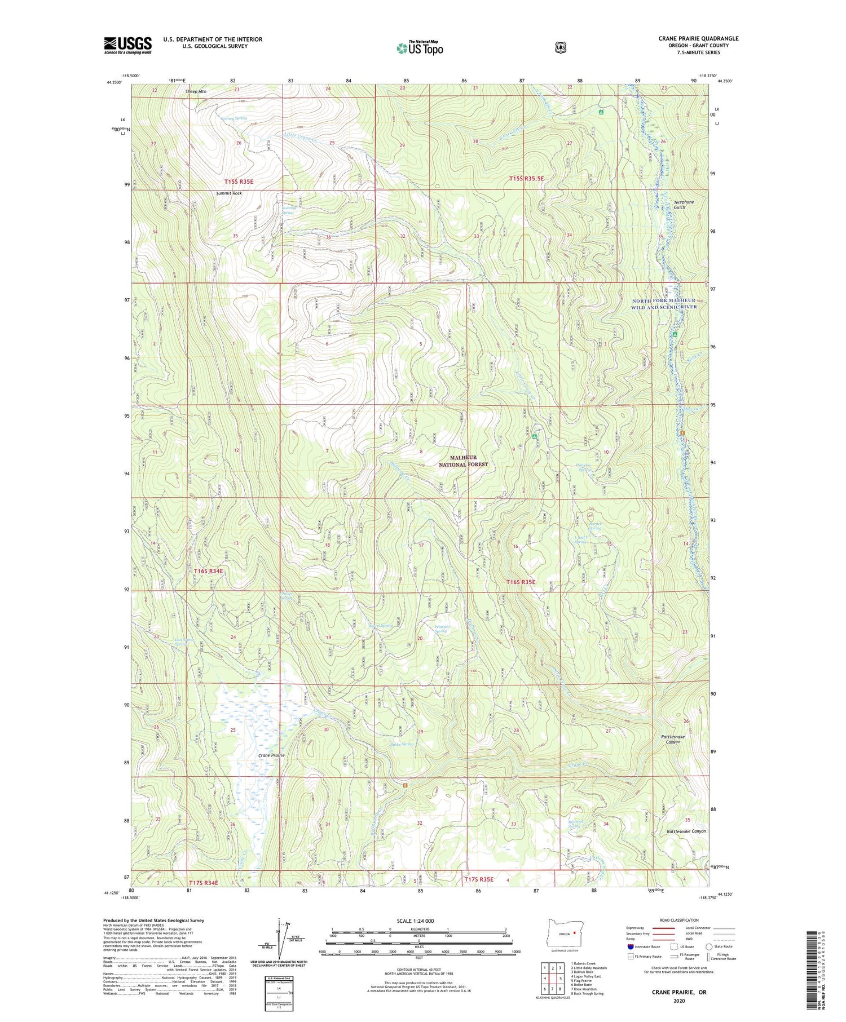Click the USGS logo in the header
[x=128, y=45]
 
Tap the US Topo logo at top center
[x=420, y=48]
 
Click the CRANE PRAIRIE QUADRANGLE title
[x=698, y=38]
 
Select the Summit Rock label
[x=229, y=193]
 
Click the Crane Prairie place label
[x=272, y=755]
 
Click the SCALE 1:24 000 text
[x=419, y=921]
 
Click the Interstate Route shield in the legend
[x=631, y=946]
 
